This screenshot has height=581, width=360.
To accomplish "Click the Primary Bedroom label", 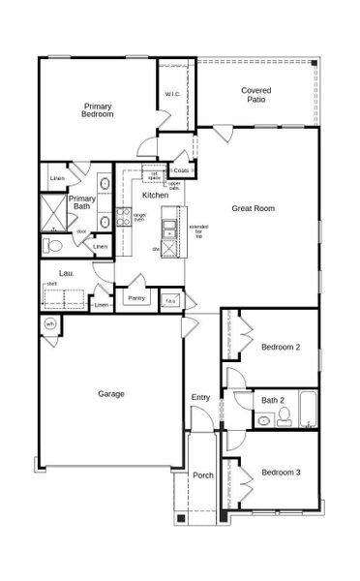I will click(98, 110).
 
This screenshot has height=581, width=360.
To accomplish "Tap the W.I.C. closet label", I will click(171, 94).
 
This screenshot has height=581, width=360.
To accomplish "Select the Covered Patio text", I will click(255, 94).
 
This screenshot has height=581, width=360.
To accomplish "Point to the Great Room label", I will click(254, 207).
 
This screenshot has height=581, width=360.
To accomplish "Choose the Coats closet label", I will click(181, 170).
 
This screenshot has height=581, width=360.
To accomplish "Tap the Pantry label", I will click(136, 298).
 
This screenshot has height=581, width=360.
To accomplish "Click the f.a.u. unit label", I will click(169, 300).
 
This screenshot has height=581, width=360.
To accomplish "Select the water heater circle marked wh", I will click(50, 323).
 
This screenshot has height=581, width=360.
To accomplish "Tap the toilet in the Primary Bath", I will click(52, 245).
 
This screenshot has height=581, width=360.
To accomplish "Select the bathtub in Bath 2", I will click(308, 410).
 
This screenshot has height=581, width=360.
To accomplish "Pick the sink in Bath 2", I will click(263, 420).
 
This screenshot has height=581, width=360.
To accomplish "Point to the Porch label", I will click(202, 475).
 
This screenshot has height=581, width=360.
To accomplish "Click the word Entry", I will click(200, 397).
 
